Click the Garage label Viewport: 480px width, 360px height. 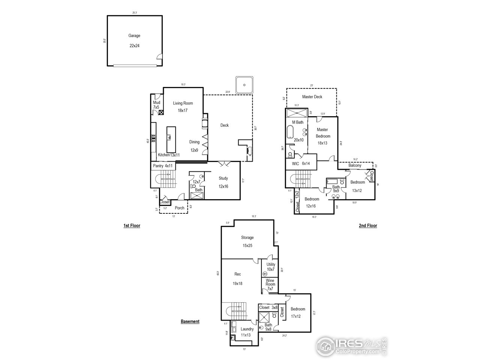pos(134,36)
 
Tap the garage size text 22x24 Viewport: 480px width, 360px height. pos(134,46)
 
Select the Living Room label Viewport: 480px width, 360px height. pos(183,103)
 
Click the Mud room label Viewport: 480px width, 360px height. pos(156,103)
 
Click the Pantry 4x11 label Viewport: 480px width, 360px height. pos(162,166)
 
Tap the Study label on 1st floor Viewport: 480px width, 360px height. pos(223,178)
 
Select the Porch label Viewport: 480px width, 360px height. pos(180,208)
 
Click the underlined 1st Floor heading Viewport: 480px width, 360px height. pos(132,226)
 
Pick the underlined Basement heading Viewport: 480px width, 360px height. pos(190,321)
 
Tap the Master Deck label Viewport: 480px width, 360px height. pos(312,97)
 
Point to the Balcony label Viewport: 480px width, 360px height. pos(355,165)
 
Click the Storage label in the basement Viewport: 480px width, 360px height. pos(247,237)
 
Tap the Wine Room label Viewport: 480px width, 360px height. pos(270,282)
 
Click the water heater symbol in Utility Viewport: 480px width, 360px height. pos(265,274)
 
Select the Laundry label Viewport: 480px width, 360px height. pos(247,329)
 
